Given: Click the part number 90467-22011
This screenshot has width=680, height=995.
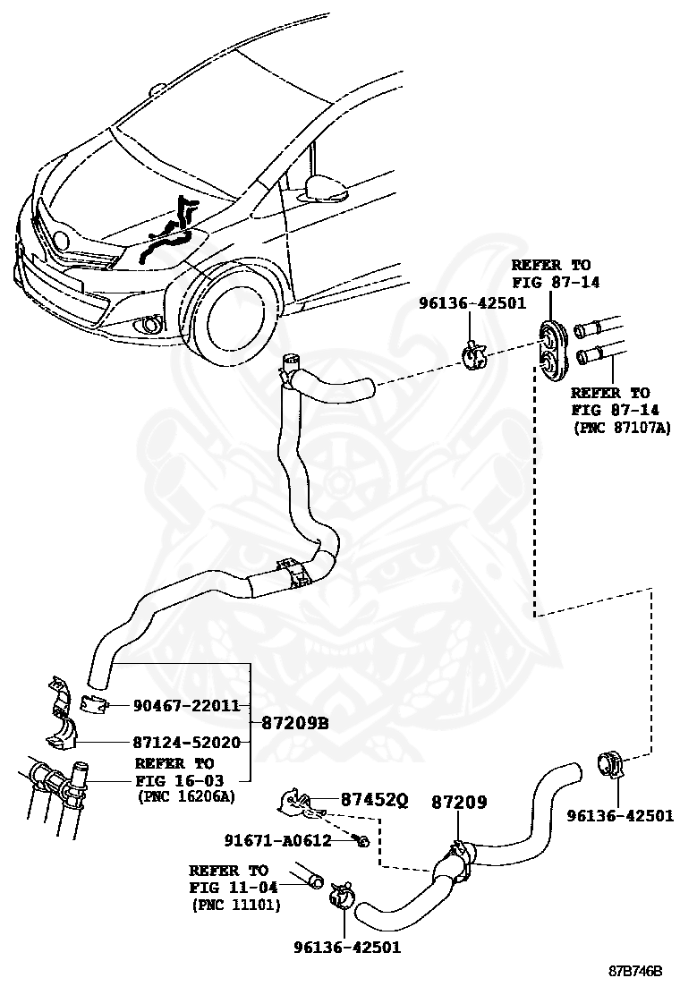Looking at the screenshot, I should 186,705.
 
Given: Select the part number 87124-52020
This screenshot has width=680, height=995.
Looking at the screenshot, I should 186,743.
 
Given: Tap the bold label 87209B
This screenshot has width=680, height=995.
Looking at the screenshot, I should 295,723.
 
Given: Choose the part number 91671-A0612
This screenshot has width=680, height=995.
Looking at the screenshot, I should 277,840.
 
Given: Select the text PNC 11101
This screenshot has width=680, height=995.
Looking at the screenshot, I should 236,905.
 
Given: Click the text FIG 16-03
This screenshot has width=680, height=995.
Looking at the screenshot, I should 174,780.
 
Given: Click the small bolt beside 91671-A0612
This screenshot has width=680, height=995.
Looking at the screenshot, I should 361,841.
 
